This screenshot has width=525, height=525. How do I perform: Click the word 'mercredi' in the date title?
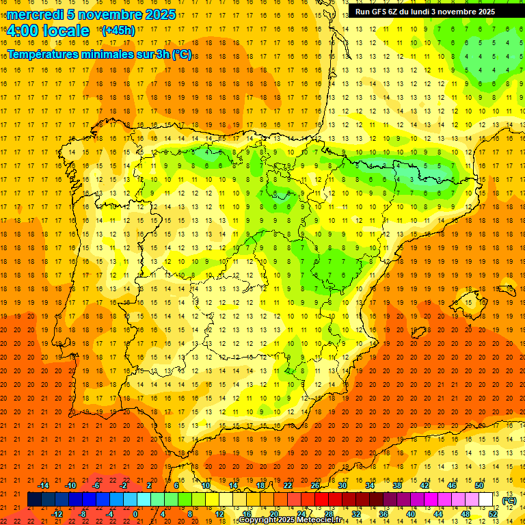[x=36, y=14]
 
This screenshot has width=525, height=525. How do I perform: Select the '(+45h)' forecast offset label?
[x=118, y=31]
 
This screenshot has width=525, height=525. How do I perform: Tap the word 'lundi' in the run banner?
[x=427, y=12]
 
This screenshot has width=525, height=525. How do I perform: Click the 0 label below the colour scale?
[x=135, y=514]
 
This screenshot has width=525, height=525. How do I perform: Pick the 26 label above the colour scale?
[x=315, y=485]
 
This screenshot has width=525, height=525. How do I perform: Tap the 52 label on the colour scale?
[x=493, y=514]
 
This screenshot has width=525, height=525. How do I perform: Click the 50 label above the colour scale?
[x=479, y=485]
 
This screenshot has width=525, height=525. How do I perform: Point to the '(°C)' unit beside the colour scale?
[x=509, y=500]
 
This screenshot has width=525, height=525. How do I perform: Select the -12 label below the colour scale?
[x=57, y=514]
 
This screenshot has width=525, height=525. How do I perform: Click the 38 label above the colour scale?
[x=397, y=485]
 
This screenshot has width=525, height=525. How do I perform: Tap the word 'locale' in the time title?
[x=66, y=31]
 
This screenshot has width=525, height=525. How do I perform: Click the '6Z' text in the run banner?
[x=401, y=12]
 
